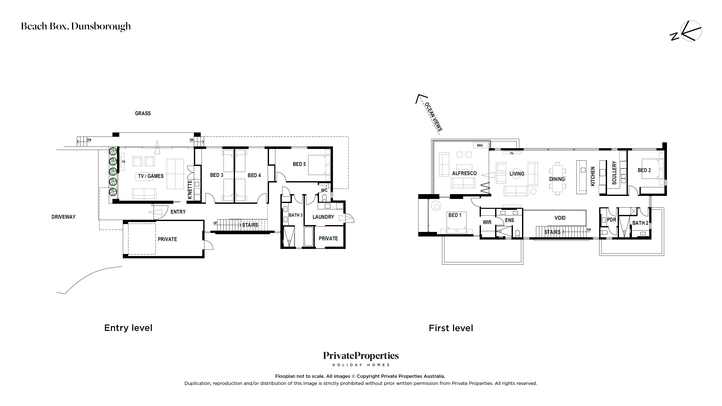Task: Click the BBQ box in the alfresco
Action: click(x=480, y=145)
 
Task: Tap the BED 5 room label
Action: click(x=299, y=164)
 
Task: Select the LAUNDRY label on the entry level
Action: click(x=323, y=217)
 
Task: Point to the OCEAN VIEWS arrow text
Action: click(x=433, y=117)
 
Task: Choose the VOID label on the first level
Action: click(x=560, y=218)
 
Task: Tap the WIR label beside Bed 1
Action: click(x=487, y=222)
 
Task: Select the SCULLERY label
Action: click(x=614, y=173)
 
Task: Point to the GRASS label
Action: click(x=143, y=113)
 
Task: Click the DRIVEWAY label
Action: click(x=63, y=217)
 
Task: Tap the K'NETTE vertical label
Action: click(x=190, y=190)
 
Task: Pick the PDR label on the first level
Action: click(x=612, y=220)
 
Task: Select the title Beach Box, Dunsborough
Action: click(x=76, y=26)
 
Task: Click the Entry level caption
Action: click(x=128, y=328)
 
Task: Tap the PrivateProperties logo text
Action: click(x=361, y=356)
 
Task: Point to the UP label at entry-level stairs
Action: click(x=215, y=223)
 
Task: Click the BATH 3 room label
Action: click(x=296, y=215)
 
